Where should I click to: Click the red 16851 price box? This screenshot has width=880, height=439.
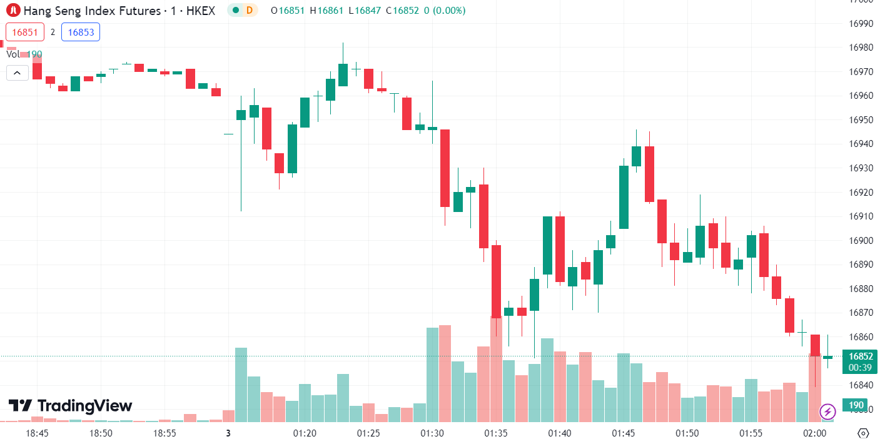(x=25, y=32)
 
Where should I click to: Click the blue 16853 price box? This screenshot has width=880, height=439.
(x=81, y=32)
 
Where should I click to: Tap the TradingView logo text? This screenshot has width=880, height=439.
(x=70, y=406)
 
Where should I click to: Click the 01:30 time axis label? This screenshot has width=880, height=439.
(x=432, y=433)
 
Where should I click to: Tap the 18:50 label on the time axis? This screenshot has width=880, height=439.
(x=101, y=433)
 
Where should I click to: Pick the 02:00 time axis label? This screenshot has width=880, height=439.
(x=814, y=433)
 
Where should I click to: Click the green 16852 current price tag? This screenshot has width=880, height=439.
(x=860, y=356)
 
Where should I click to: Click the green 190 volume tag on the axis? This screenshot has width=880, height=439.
(x=856, y=405)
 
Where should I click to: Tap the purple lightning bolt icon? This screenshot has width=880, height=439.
(x=827, y=411)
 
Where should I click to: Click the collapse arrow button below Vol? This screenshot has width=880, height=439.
(x=17, y=73)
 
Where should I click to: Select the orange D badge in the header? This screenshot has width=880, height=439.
(x=250, y=10)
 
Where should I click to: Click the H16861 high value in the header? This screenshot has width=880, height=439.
(x=326, y=11)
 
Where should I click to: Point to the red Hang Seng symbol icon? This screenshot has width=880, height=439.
(x=13, y=10)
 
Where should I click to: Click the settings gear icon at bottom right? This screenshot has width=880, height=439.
(x=863, y=433)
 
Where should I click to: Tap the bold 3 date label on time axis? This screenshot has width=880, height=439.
(x=228, y=433)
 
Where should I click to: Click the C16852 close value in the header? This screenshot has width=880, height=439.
(x=406, y=11)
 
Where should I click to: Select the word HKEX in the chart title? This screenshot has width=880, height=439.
(x=201, y=11)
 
